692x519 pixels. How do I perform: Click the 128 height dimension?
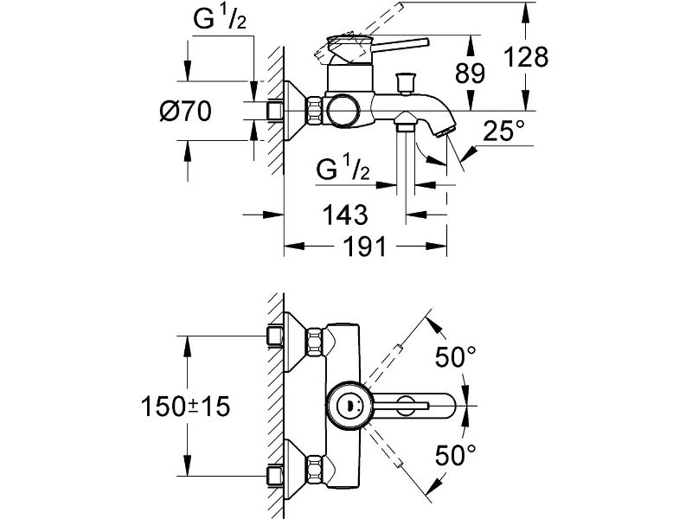click(x=526, y=57)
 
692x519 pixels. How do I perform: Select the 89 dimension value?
click(x=470, y=73)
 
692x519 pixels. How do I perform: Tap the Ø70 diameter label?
click(x=185, y=111)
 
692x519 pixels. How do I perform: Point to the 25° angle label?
click(x=504, y=131)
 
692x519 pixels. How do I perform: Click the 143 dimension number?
click(x=345, y=215)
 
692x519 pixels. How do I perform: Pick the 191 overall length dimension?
click(x=364, y=247)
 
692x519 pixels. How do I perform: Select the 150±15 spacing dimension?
click(x=185, y=406)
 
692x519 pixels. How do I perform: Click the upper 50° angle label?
click(x=456, y=356)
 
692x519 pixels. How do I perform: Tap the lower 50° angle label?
click(x=456, y=455)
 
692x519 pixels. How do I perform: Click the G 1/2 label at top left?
click(x=220, y=18)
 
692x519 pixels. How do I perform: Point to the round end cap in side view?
click(x=342, y=111)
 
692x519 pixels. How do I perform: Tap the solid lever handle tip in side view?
click(x=426, y=42)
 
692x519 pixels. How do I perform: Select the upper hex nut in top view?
click(x=315, y=341)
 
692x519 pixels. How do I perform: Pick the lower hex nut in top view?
click(x=315, y=469)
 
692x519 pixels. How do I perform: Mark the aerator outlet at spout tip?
click(x=445, y=131)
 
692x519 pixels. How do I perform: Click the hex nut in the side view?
click(x=315, y=111)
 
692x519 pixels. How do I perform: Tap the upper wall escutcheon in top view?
click(x=295, y=341)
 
